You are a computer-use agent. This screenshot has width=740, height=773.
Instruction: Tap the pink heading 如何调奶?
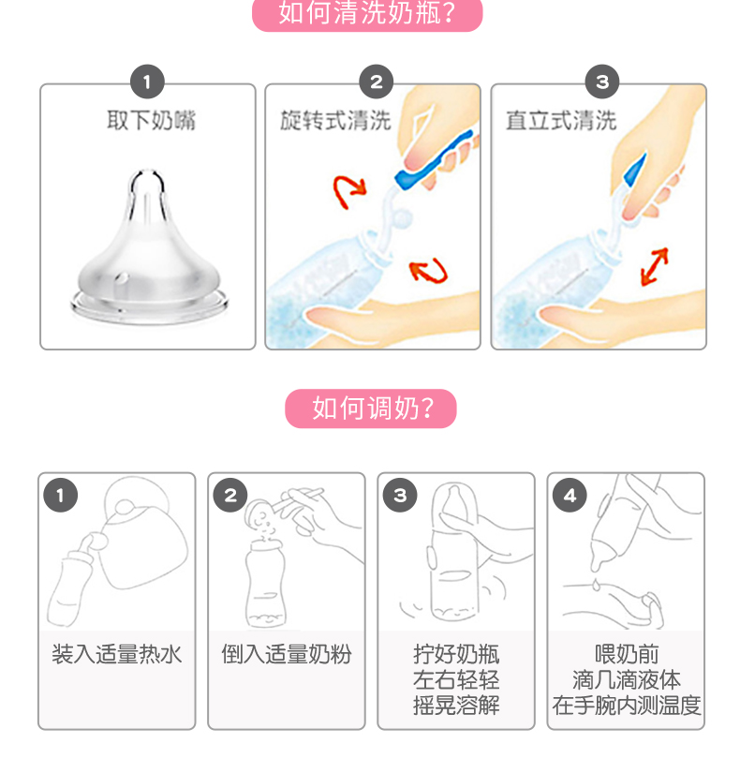(371, 409)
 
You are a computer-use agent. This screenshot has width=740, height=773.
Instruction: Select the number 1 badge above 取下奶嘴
(147, 82)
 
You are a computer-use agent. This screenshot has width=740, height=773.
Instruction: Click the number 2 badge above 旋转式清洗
(377, 82)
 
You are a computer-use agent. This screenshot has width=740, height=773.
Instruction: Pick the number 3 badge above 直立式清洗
(602, 82)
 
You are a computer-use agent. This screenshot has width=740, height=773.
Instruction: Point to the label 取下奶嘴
(152, 120)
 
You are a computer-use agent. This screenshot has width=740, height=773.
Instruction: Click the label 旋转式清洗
(335, 120)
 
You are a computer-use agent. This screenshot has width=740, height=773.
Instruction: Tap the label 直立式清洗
(561, 120)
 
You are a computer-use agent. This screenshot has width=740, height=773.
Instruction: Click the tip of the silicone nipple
(146, 172)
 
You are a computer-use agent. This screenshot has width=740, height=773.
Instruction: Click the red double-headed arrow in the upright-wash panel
(655, 266)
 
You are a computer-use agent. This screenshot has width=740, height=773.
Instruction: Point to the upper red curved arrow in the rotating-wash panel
(349, 191)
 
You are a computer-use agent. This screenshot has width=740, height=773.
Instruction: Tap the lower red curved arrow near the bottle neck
(429, 271)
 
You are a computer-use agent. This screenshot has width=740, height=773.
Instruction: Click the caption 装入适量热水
(117, 654)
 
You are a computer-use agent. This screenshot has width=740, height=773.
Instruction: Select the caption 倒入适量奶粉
(287, 654)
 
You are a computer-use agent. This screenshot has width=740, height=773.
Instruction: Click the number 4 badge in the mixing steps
(570, 495)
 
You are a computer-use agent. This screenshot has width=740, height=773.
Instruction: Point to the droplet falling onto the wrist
(597, 584)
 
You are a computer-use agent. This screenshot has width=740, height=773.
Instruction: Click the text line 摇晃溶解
(456, 706)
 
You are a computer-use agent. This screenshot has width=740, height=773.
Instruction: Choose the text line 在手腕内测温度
(626, 706)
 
